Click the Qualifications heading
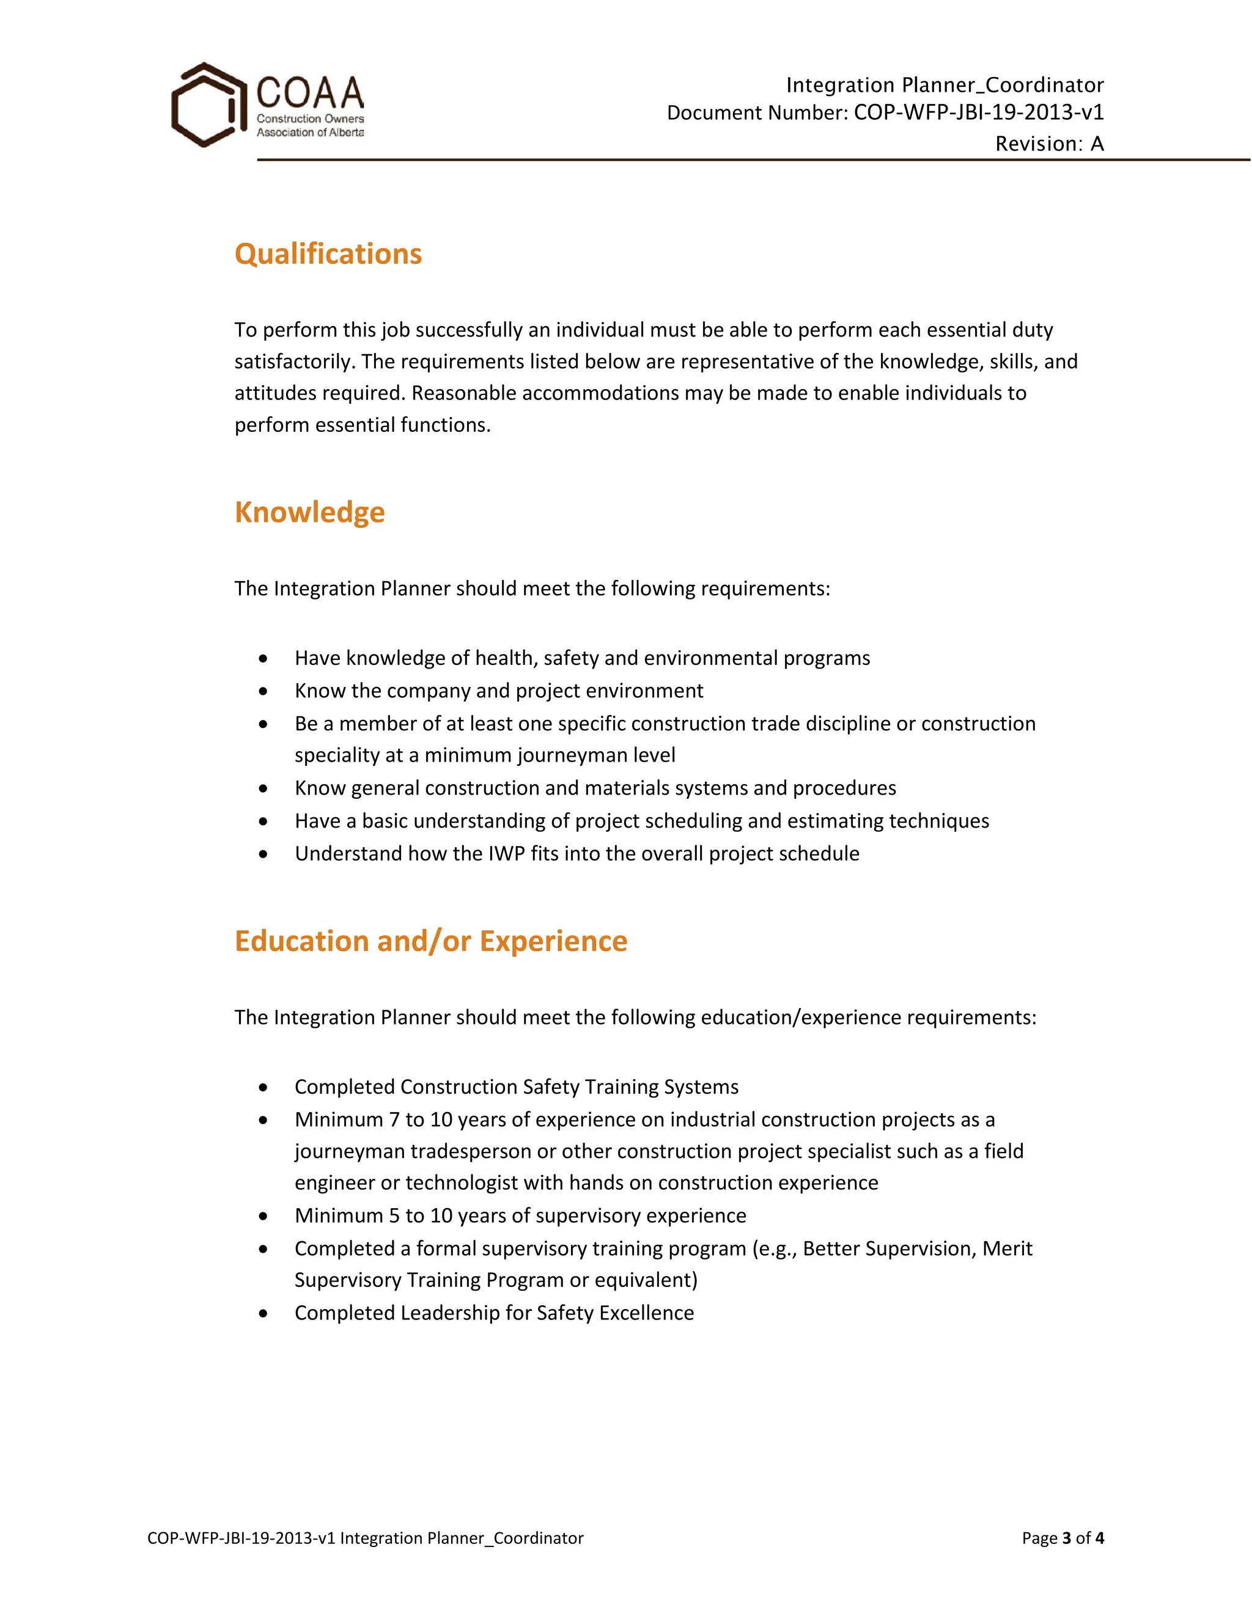(328, 254)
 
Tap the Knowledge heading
(309, 512)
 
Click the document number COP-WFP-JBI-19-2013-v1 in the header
(978, 112)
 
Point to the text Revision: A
(1049, 143)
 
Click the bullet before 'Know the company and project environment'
(263, 691)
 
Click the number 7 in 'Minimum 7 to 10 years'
(394, 1119)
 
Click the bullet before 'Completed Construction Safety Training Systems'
(263, 1088)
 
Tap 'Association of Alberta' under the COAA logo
(310, 132)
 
